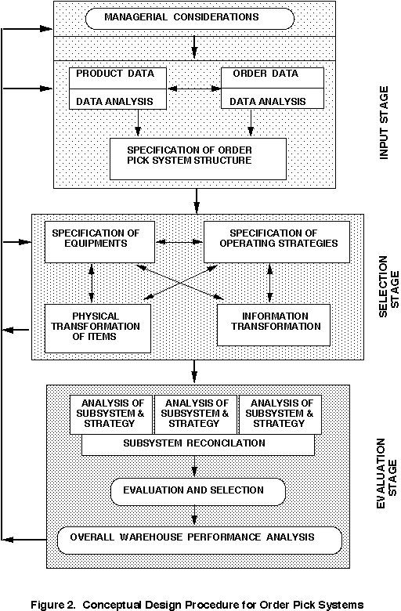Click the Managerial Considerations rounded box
[x=190, y=18]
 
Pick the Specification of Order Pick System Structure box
[x=198, y=159]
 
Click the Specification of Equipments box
[x=99, y=242]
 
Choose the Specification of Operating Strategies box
[x=277, y=242]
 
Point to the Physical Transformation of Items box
[x=98, y=328]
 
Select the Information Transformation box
[x=273, y=325]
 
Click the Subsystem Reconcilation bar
[x=198, y=445]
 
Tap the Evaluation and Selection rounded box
[x=198, y=492]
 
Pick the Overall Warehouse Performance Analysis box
[x=200, y=540]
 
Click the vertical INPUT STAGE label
[x=385, y=122]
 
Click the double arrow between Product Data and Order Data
[x=194, y=89]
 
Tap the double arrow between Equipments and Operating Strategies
[x=179, y=242]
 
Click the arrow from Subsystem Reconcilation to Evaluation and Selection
[x=194, y=466]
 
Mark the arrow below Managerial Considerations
[x=194, y=45]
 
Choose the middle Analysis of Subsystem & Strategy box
[x=196, y=414]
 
